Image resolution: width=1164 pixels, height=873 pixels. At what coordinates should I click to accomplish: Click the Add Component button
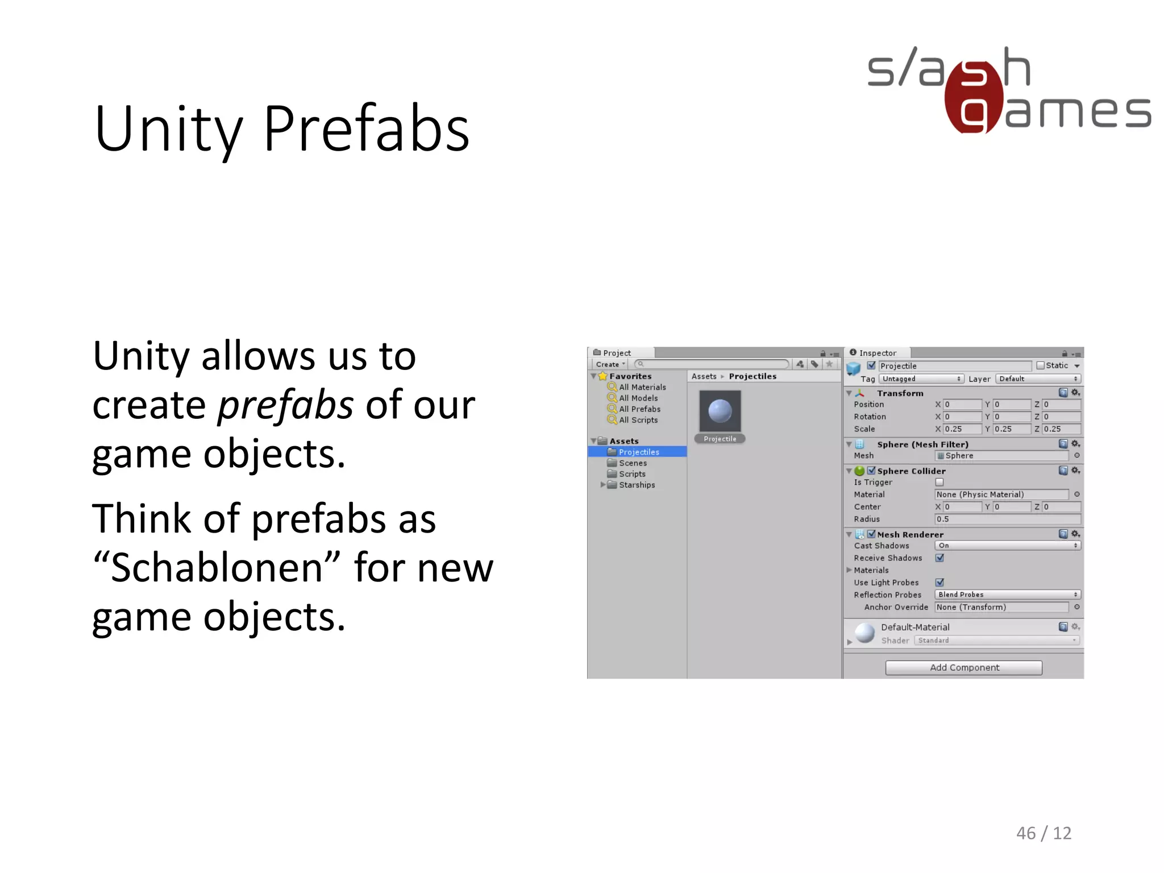[x=963, y=667]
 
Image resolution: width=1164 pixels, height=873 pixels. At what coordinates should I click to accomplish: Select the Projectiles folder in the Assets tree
[x=639, y=452]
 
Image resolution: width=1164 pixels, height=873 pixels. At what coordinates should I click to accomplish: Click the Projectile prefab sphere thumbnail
[x=720, y=411]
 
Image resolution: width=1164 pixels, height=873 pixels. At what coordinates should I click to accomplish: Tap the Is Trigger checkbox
[x=939, y=482]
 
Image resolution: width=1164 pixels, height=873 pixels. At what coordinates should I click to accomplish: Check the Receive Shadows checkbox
[x=939, y=558]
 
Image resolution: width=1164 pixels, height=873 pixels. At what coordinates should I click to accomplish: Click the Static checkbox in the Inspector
[x=1040, y=365]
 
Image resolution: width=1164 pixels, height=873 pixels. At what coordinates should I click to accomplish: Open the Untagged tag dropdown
[x=921, y=379]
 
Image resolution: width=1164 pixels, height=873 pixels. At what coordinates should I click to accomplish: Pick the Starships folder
[x=637, y=485]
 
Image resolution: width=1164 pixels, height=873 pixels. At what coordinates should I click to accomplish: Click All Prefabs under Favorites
[x=639, y=409]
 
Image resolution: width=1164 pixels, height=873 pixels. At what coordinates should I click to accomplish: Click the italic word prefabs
[x=286, y=406]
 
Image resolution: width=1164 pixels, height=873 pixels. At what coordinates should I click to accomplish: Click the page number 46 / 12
[x=1044, y=833]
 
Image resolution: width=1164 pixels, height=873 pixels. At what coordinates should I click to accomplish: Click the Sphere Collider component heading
[x=911, y=471]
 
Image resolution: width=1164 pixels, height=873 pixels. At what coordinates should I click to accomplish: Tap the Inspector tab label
[x=877, y=353]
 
